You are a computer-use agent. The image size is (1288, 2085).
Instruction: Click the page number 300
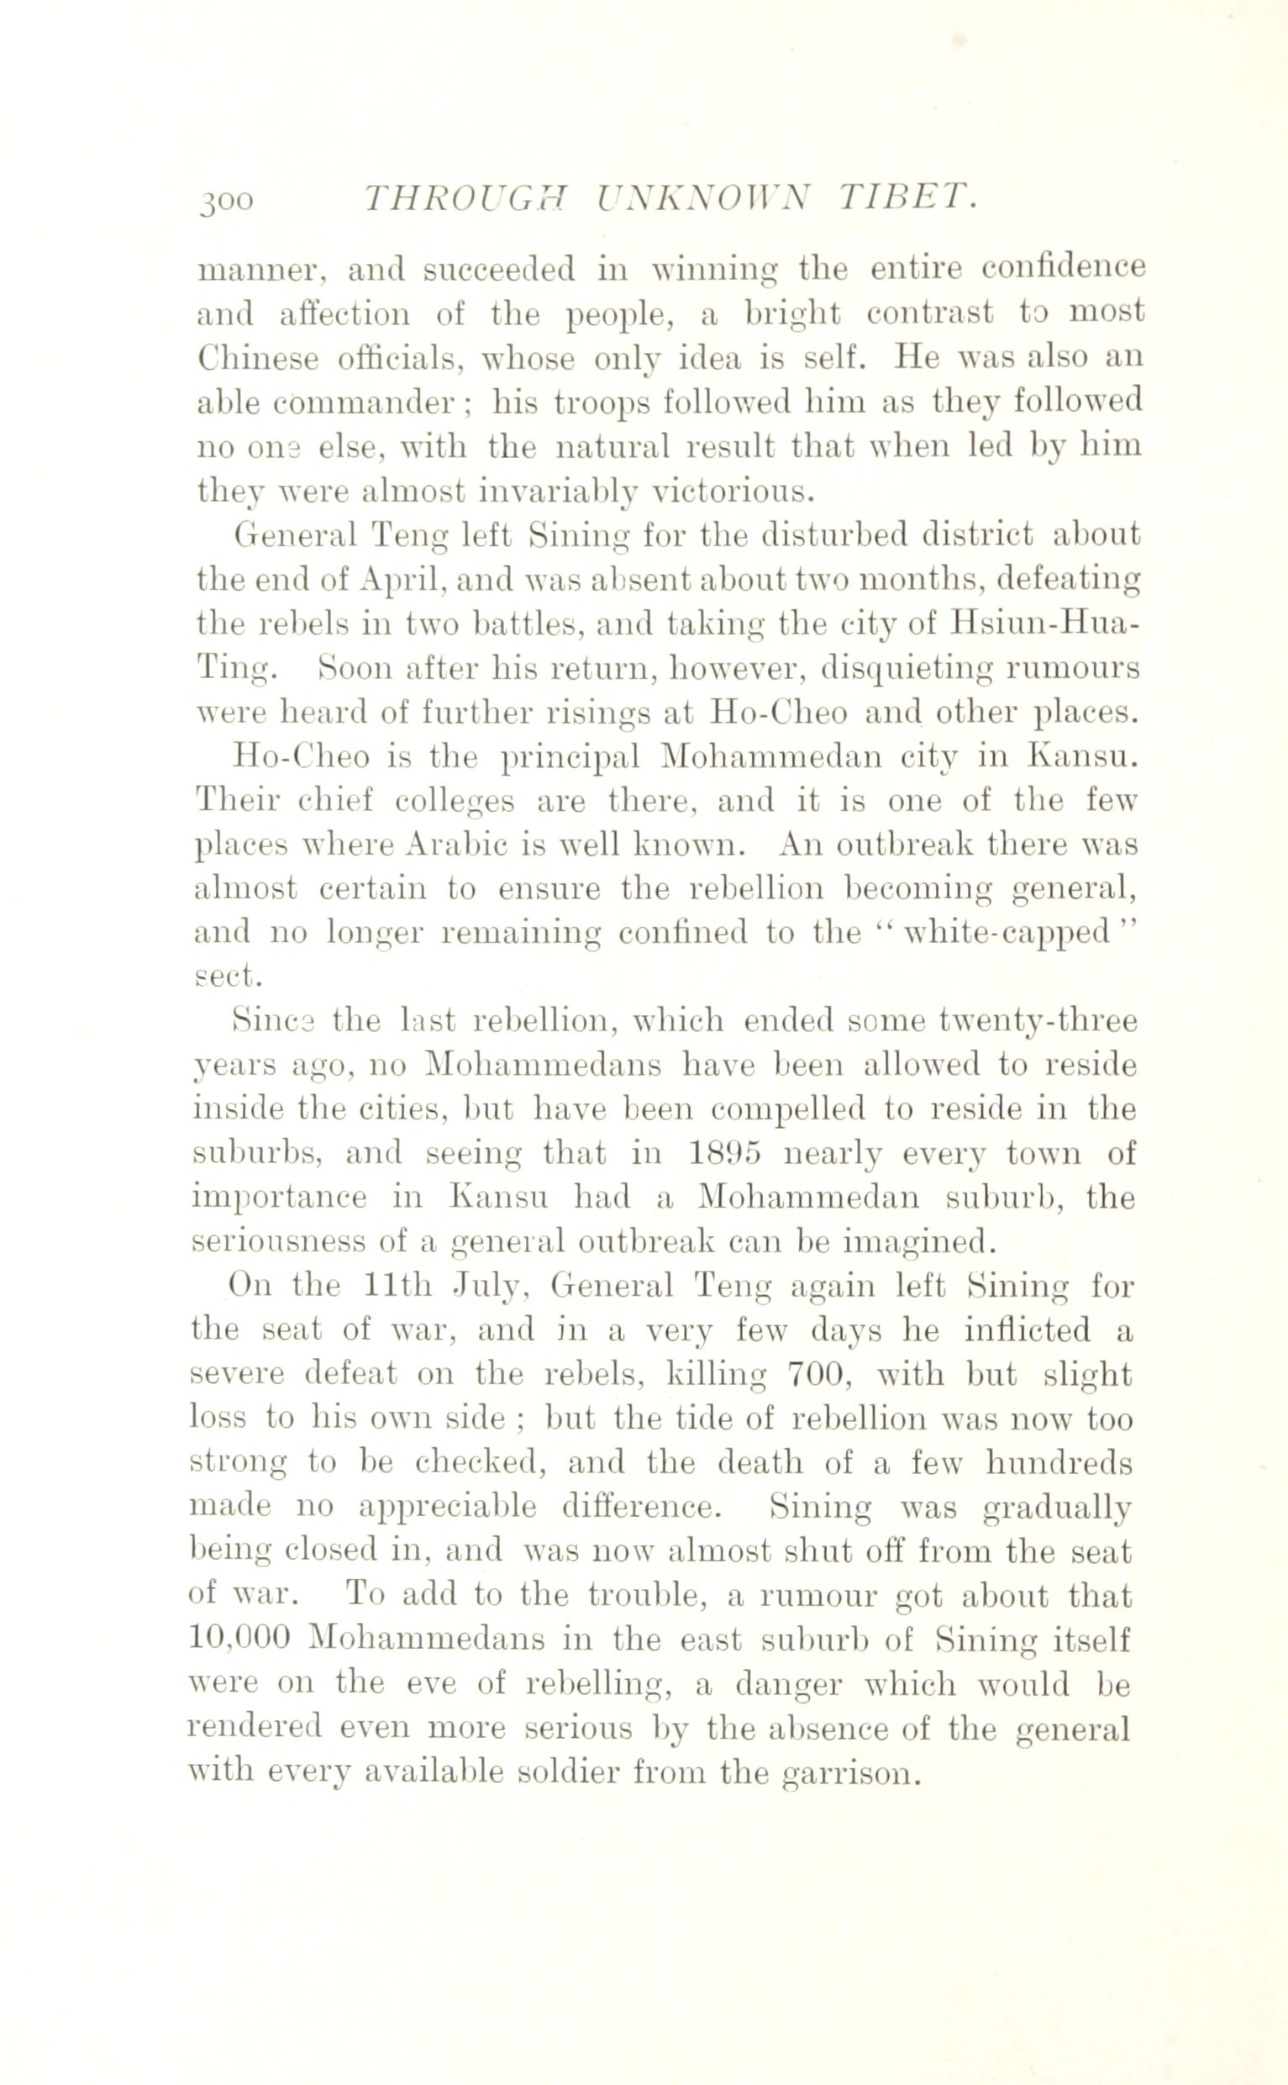click(226, 200)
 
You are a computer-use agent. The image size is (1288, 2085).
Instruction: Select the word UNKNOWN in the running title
click(703, 198)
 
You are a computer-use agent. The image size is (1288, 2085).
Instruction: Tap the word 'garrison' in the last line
click(851, 1772)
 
